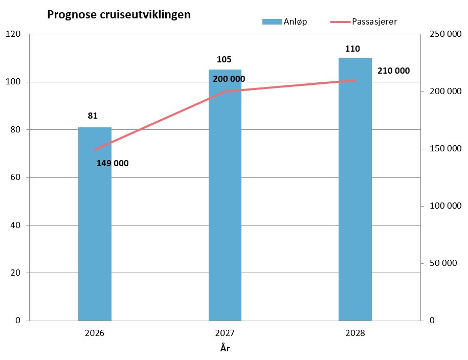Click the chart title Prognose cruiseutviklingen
coord(119,15)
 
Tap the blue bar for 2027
coord(225,205)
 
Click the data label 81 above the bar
coord(93,116)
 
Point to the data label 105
coord(224,60)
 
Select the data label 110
coord(352,49)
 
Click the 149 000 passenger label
coord(113,164)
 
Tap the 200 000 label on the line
coord(229,79)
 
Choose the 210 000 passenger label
coord(393,71)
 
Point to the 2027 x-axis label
coord(225,333)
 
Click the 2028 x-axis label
coord(355,333)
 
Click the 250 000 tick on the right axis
coord(441,34)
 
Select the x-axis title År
coord(225,348)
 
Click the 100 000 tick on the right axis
coord(441,206)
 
